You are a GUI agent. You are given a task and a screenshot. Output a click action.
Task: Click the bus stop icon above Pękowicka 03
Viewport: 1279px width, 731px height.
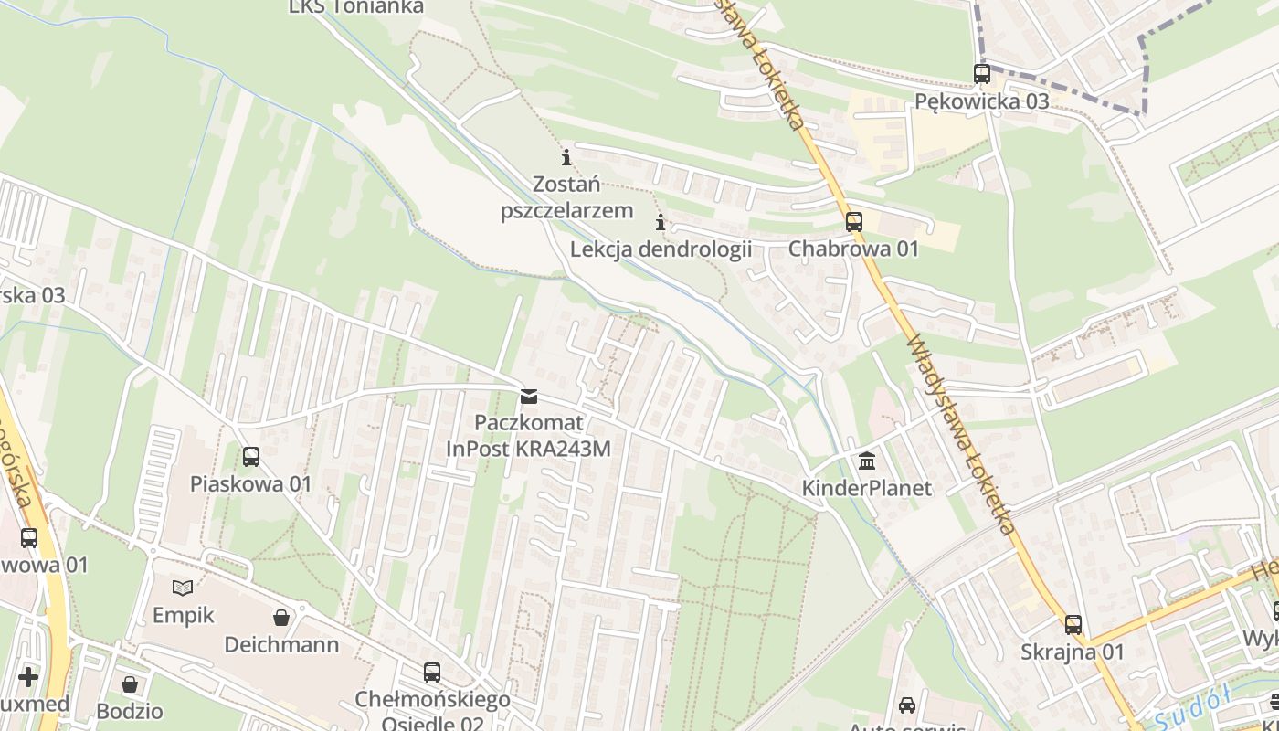982,74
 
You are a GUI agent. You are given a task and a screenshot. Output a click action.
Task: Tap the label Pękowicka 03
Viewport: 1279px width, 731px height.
982,101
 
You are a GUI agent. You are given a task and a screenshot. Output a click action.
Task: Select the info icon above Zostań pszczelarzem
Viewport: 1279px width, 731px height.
566,157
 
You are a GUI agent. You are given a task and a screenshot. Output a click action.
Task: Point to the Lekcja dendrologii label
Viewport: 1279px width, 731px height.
661,249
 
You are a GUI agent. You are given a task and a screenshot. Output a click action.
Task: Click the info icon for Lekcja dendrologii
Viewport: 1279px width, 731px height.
661,222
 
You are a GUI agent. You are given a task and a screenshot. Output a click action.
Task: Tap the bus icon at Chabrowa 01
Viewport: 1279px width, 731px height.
854,221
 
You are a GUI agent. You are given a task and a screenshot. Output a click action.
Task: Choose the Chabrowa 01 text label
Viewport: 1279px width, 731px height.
853,249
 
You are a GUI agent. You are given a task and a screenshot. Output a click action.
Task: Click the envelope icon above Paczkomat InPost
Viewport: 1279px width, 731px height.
528,397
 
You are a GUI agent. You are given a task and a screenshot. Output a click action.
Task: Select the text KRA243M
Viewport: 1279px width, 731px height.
566,449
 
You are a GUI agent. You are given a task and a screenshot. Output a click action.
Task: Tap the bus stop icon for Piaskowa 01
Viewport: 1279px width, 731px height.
251,457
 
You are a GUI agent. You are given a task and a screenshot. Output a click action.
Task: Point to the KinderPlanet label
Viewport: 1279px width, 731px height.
866,488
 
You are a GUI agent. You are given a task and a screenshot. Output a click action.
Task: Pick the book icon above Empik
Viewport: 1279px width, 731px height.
183,588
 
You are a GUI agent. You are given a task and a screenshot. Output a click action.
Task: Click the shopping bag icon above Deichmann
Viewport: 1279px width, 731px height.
281,618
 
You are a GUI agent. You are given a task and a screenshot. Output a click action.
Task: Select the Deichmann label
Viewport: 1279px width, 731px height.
281,645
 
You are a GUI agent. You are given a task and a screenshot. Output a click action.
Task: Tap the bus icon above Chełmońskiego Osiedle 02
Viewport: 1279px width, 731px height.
432,673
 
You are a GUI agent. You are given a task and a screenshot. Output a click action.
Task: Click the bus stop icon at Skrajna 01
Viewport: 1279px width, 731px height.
1073,625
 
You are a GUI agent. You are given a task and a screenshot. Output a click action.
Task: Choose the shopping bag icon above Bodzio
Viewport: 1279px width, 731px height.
131,684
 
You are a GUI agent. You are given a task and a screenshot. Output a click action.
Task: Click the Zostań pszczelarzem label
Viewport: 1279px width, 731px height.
566,197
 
